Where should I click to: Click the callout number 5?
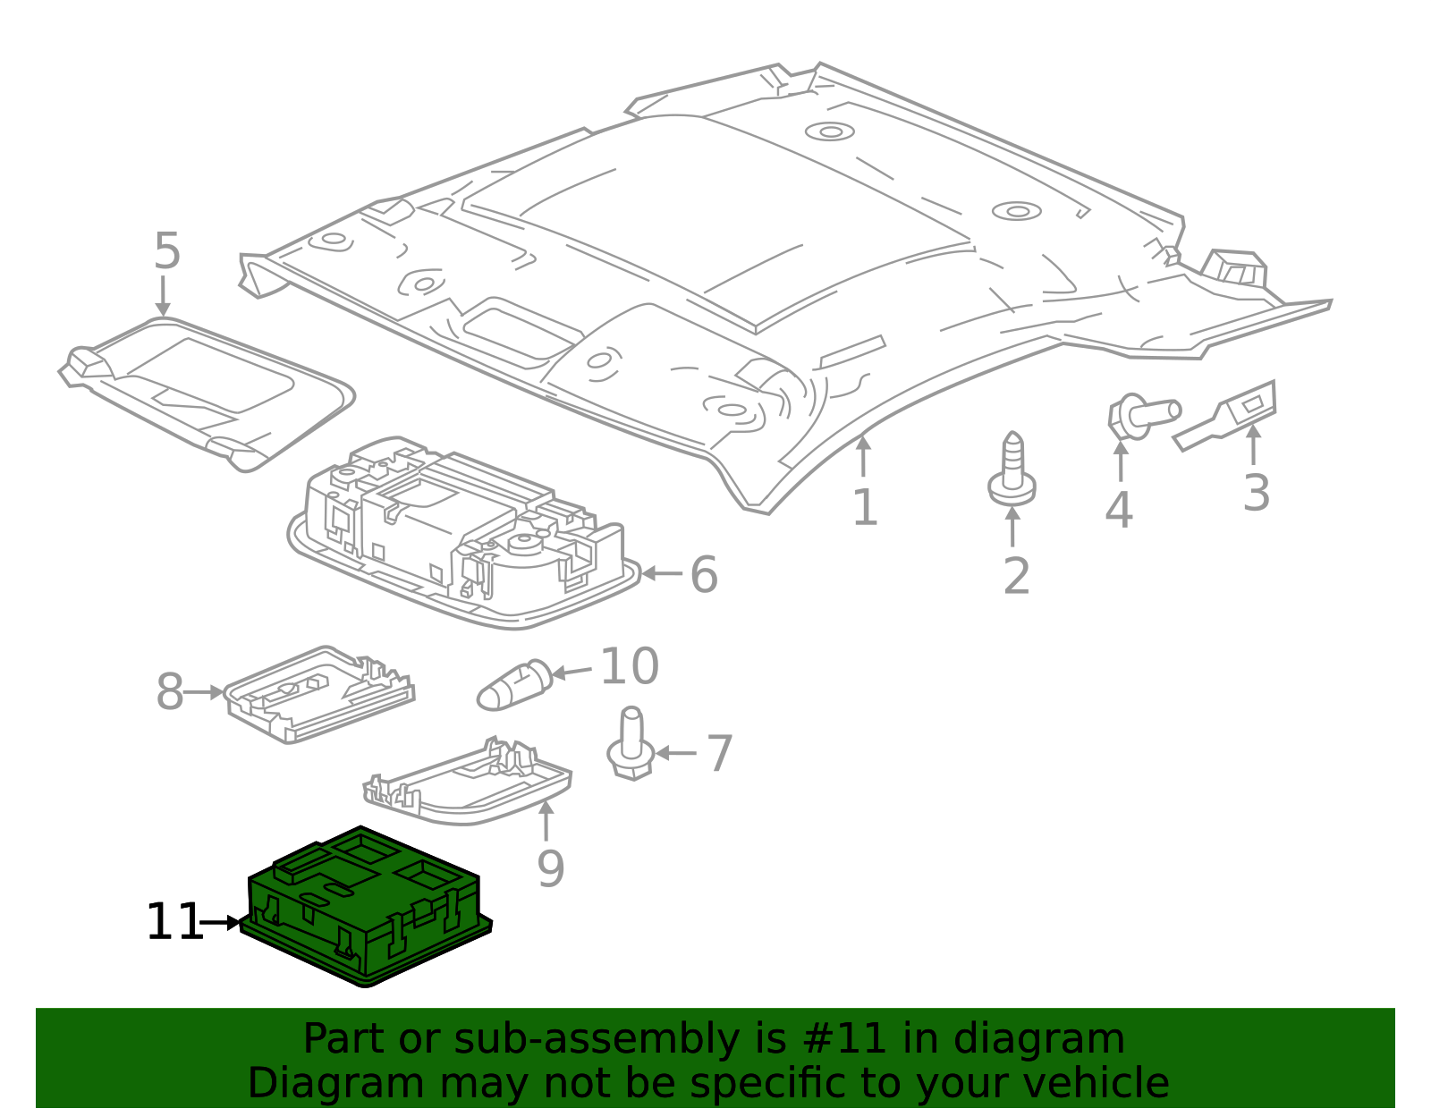click(166, 251)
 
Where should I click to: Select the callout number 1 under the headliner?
click(864, 508)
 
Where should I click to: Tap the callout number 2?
click(1016, 577)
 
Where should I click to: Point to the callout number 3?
click(1256, 493)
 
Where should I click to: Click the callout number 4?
click(1118, 511)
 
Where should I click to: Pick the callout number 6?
click(704, 574)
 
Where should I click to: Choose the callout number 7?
click(719, 754)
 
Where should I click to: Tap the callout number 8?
click(169, 692)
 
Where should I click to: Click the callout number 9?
click(550, 868)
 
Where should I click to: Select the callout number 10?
click(629, 667)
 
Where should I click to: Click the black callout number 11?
click(174, 922)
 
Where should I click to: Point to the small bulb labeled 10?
click(513, 686)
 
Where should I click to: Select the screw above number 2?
click(1012, 470)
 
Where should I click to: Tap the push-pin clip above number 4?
click(1141, 415)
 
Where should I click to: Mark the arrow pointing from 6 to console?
click(662, 573)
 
